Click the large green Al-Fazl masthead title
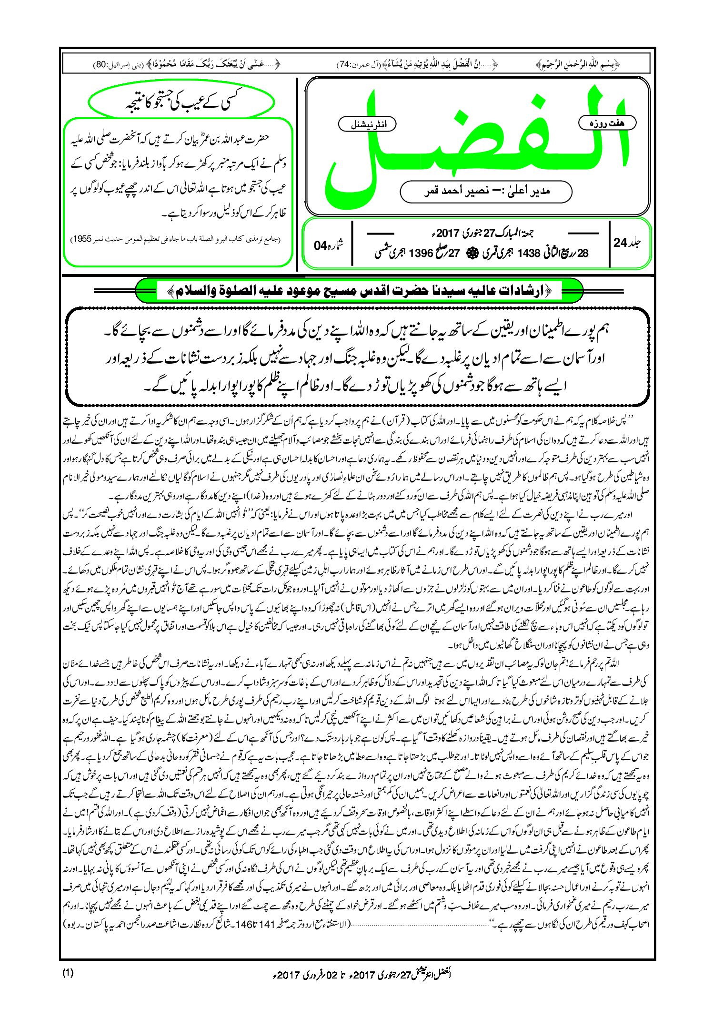(x=476, y=138)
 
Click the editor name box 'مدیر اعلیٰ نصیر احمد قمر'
(x=486, y=191)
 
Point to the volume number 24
(x=621, y=243)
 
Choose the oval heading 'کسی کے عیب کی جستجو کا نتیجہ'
(x=182, y=102)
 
